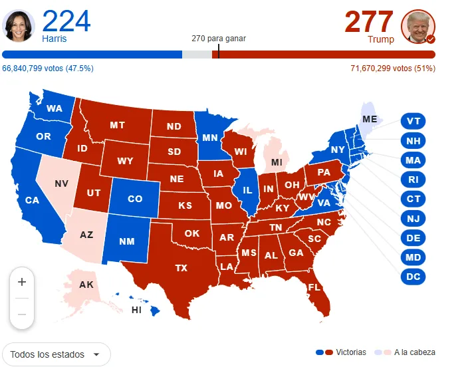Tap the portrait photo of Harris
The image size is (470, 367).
(x=19, y=27)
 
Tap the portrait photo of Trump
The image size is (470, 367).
(x=418, y=27)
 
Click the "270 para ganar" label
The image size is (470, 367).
(x=218, y=39)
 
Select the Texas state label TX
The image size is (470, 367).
(x=181, y=269)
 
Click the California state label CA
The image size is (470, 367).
(x=32, y=200)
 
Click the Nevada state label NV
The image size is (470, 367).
(x=61, y=183)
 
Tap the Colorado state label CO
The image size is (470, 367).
(x=135, y=199)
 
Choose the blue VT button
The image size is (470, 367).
(x=413, y=122)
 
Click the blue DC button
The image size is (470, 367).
(x=413, y=277)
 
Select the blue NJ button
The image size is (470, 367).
(x=413, y=219)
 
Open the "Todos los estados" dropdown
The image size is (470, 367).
(x=57, y=354)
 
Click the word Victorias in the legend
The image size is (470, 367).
(x=351, y=352)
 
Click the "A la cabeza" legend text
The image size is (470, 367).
(x=415, y=352)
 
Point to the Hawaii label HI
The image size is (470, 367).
(x=136, y=310)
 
